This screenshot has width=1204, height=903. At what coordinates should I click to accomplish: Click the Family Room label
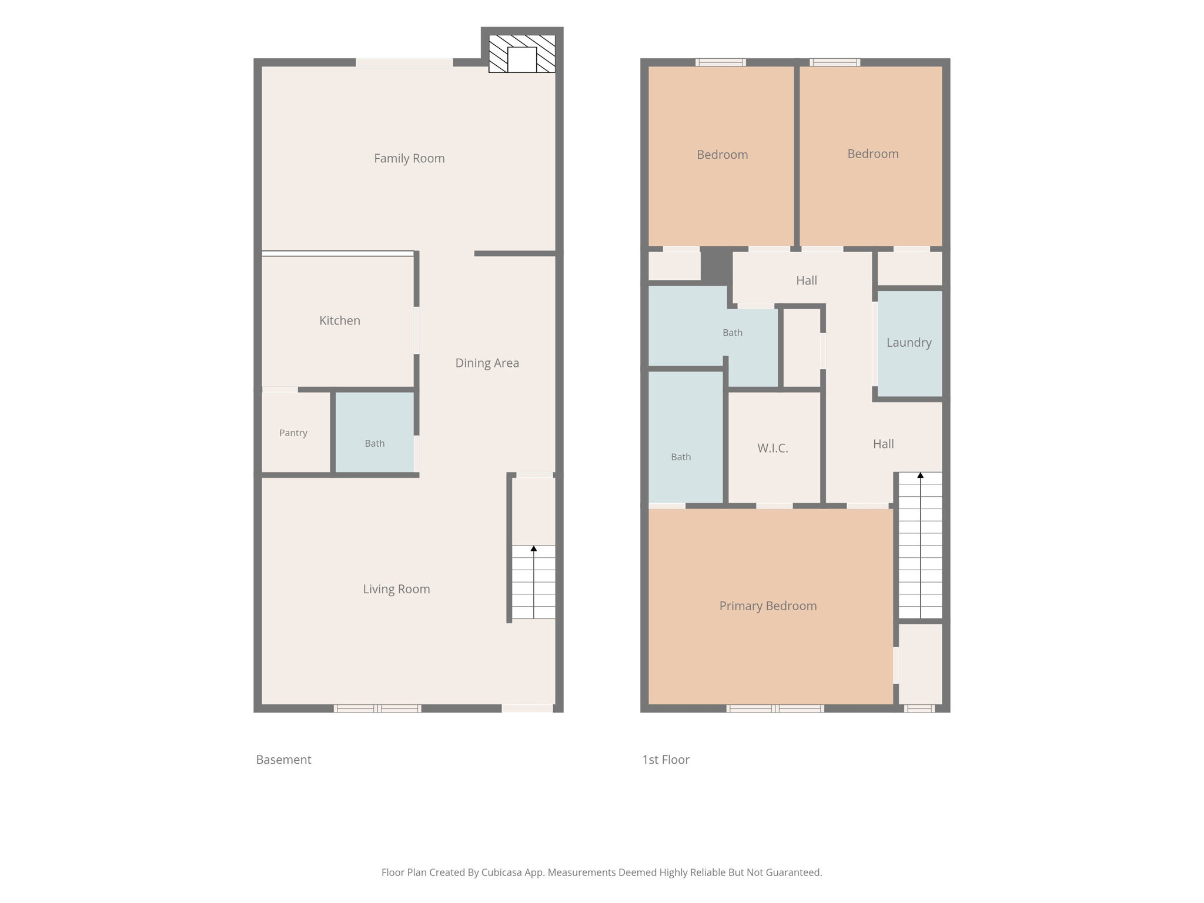click(409, 158)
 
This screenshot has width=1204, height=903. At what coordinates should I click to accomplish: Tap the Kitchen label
click(340, 320)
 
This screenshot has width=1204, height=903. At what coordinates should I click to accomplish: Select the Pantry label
click(293, 433)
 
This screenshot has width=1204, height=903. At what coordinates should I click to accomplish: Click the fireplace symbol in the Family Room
click(522, 54)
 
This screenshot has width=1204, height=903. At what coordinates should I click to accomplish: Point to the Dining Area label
click(487, 363)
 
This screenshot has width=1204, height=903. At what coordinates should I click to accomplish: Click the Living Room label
click(396, 589)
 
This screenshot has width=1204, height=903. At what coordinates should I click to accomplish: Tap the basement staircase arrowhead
click(534, 549)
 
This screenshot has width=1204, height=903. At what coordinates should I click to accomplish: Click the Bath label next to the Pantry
click(374, 443)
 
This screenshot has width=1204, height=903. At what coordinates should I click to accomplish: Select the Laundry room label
click(909, 343)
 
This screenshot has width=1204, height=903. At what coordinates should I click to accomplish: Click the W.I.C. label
click(772, 448)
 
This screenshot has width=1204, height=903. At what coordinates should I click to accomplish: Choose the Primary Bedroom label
click(768, 606)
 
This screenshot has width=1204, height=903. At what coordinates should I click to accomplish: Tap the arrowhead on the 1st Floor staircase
click(921, 475)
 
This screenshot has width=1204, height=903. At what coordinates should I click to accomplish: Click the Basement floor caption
click(283, 760)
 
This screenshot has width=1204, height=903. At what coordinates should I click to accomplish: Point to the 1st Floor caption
click(665, 760)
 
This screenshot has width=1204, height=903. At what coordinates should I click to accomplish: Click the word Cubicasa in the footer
click(503, 872)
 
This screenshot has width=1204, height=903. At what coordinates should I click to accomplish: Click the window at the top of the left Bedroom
click(721, 62)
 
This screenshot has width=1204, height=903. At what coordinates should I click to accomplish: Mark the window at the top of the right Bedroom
click(835, 62)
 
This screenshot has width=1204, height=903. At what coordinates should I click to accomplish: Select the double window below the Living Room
click(377, 708)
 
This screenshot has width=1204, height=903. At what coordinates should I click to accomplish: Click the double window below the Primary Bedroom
click(775, 708)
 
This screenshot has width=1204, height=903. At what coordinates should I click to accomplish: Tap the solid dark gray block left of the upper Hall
click(717, 265)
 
